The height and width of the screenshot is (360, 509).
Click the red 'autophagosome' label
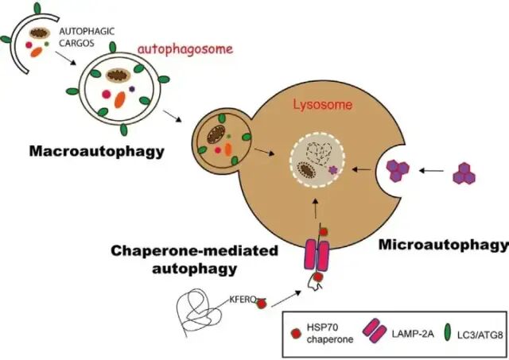(185, 49)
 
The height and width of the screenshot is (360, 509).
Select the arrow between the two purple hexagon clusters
(432, 170)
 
